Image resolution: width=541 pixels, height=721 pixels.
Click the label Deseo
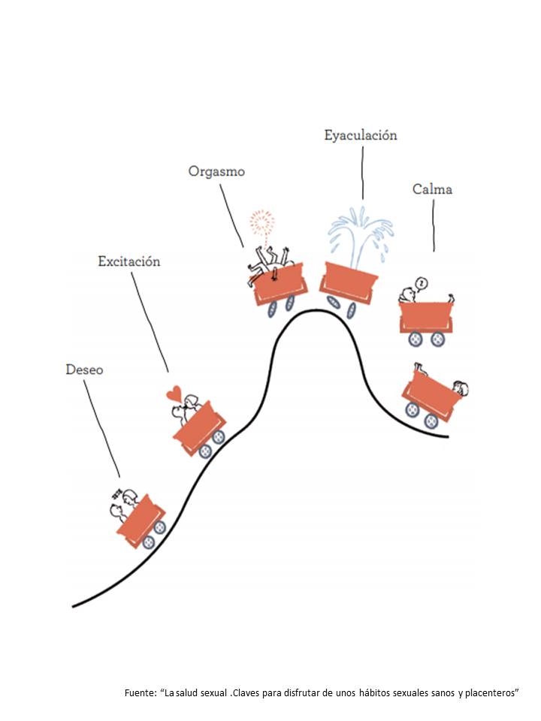pos(84,370)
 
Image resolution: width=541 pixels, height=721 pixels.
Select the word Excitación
pos(129,261)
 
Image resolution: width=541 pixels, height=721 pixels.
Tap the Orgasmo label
pos(216,171)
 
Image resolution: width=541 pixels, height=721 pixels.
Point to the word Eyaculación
pos(361,136)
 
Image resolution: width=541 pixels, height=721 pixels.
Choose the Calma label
pos(432,189)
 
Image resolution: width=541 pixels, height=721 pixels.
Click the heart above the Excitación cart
pos(174,393)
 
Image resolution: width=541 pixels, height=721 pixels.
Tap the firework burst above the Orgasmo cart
pos(262,222)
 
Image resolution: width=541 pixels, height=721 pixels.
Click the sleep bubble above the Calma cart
pos(422,283)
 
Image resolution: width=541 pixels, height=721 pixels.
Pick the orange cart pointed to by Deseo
pos(141,517)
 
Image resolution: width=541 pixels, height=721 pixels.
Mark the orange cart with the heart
pos(198,425)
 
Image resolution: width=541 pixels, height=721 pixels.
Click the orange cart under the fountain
pos(349,282)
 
